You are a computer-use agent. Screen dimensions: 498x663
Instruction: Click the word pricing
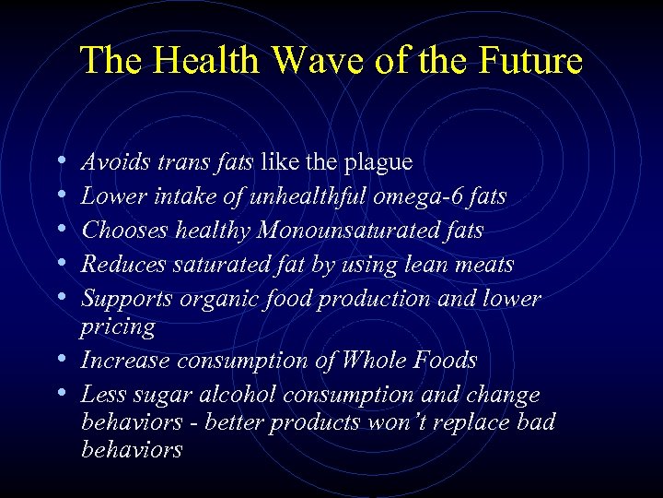pos(118,327)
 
